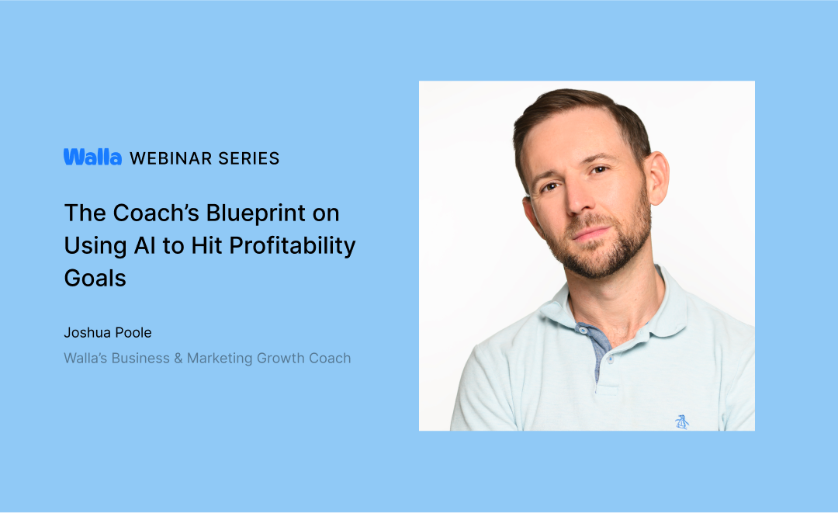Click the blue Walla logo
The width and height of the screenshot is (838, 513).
pos(92,158)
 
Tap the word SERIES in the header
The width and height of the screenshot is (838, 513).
pos(249,158)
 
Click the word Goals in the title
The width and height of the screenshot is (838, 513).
pos(95,278)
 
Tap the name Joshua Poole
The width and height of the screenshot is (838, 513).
pos(108,333)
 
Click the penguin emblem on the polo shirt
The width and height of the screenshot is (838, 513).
pos(682,421)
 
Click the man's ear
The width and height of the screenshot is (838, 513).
pos(656,178)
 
